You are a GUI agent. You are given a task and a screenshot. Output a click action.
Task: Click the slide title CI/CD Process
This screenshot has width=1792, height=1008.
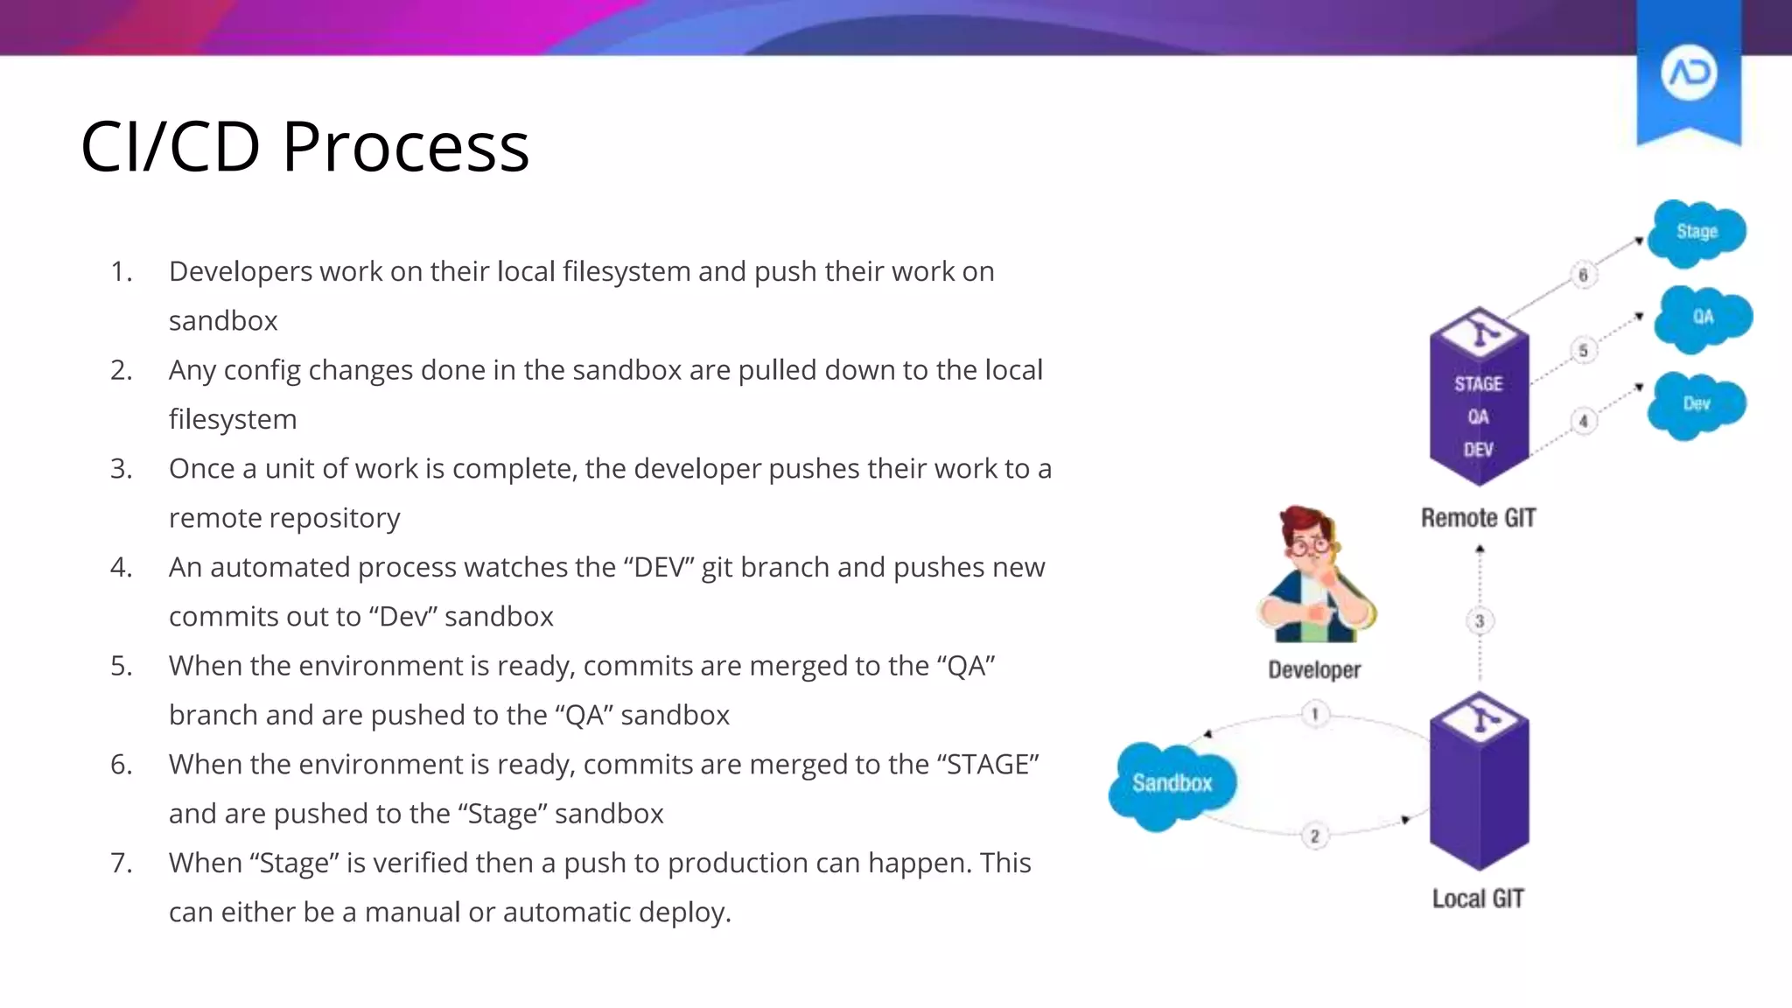click(304, 146)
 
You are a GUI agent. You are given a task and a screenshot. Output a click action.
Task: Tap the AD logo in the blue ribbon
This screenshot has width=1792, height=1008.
click(1689, 73)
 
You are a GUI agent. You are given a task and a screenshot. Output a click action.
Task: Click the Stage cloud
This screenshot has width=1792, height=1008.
click(1696, 232)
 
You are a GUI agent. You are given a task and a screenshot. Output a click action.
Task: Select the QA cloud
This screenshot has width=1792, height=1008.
click(1702, 317)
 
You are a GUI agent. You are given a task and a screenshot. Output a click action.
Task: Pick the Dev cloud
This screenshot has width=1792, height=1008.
click(1696, 404)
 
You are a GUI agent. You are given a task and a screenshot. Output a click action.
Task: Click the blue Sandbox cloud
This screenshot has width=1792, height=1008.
click(1172, 783)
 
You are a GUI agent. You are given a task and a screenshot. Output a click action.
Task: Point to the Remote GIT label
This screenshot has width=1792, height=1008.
click(1478, 518)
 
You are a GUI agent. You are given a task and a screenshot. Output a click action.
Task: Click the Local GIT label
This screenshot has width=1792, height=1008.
click(1478, 899)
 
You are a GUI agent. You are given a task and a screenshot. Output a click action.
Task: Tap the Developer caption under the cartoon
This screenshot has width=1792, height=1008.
click(1314, 670)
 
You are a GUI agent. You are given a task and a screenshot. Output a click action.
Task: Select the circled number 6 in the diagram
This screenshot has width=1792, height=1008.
click(1583, 275)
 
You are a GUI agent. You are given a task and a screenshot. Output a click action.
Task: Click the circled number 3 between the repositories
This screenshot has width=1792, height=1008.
click(1480, 621)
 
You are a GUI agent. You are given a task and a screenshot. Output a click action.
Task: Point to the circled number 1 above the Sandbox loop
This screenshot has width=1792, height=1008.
click(1314, 714)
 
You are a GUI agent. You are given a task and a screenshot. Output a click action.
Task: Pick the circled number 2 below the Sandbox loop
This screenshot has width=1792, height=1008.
click(1314, 836)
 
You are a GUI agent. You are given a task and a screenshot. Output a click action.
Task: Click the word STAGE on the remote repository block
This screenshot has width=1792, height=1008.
click(1478, 384)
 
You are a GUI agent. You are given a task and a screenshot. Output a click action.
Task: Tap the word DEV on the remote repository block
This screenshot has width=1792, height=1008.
click(1478, 450)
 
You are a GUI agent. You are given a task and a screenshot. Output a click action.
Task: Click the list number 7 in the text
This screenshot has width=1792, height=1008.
click(121, 864)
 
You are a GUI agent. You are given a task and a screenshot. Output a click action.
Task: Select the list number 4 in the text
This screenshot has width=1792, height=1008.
click(121, 568)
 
